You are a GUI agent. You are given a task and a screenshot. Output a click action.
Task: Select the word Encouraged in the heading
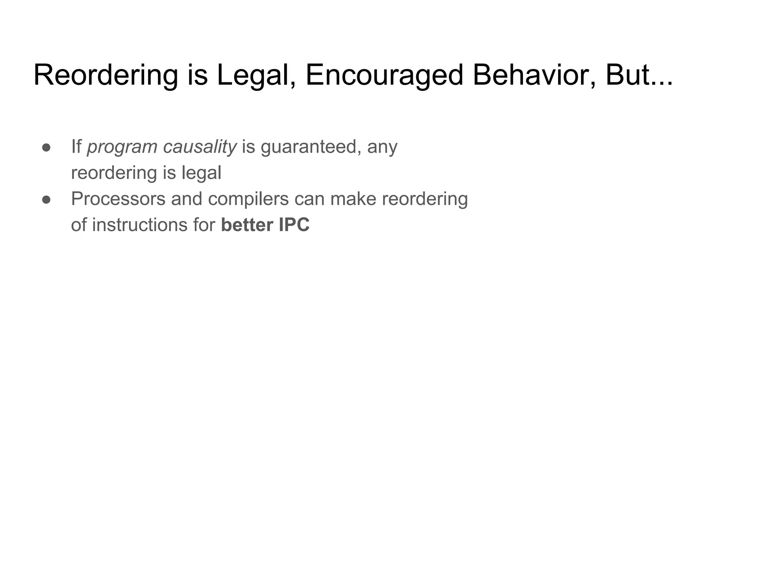click(384, 75)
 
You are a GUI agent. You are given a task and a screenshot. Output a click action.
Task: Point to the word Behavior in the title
click(534, 75)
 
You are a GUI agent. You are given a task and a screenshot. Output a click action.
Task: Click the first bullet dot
click(46, 147)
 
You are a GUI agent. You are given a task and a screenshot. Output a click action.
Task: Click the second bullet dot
click(46, 200)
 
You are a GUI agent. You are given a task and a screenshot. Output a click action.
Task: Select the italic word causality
click(199, 147)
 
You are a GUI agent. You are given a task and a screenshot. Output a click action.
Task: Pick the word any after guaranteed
click(382, 147)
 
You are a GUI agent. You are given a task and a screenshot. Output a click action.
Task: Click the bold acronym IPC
click(294, 225)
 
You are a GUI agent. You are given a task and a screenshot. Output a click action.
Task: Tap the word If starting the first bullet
click(76, 147)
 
